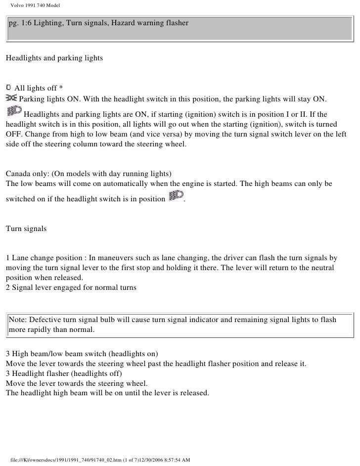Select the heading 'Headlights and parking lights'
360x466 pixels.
point(54,58)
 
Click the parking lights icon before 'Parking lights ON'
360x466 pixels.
point(11,98)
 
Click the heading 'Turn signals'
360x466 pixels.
point(26,229)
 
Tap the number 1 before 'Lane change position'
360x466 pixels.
point(7,258)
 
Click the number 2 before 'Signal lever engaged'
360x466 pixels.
point(7,287)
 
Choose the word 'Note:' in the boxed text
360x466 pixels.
point(18,320)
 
